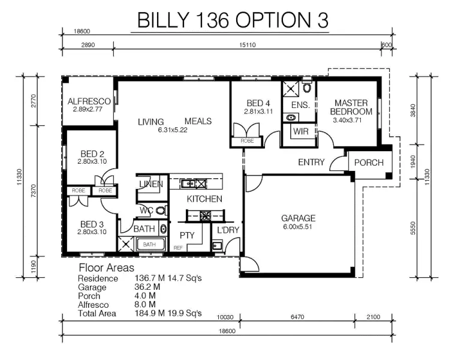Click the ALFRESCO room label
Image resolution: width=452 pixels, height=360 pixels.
tap(89, 101)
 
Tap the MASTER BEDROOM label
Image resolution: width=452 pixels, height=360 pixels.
tap(351, 107)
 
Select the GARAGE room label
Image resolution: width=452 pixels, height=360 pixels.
tap(299, 218)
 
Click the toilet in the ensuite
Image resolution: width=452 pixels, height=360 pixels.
tap(308, 86)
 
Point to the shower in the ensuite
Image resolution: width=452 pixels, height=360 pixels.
tap(291, 89)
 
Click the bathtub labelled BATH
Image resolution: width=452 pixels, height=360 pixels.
tap(150, 244)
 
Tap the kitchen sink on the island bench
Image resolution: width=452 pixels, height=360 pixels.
tap(188, 183)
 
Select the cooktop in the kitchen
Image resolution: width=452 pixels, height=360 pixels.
tap(205, 215)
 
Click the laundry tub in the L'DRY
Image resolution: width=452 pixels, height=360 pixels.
tap(217, 246)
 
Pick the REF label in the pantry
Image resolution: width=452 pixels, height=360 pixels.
tap(178, 248)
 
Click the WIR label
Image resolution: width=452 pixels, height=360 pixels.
tap(301, 131)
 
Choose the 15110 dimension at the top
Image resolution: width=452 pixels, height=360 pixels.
tap(248, 45)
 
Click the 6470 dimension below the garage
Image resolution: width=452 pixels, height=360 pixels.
tap(297, 317)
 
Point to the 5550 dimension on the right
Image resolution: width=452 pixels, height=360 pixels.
tap(412, 228)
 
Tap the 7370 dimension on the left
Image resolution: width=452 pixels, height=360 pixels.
tap(34, 191)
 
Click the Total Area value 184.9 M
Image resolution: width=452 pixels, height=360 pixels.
tap(150, 313)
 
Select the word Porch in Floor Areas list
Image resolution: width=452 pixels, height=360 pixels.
tap(89, 296)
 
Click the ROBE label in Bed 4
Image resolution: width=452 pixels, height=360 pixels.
tap(247, 141)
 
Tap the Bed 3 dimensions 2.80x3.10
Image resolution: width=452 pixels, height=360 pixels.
tap(92, 232)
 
